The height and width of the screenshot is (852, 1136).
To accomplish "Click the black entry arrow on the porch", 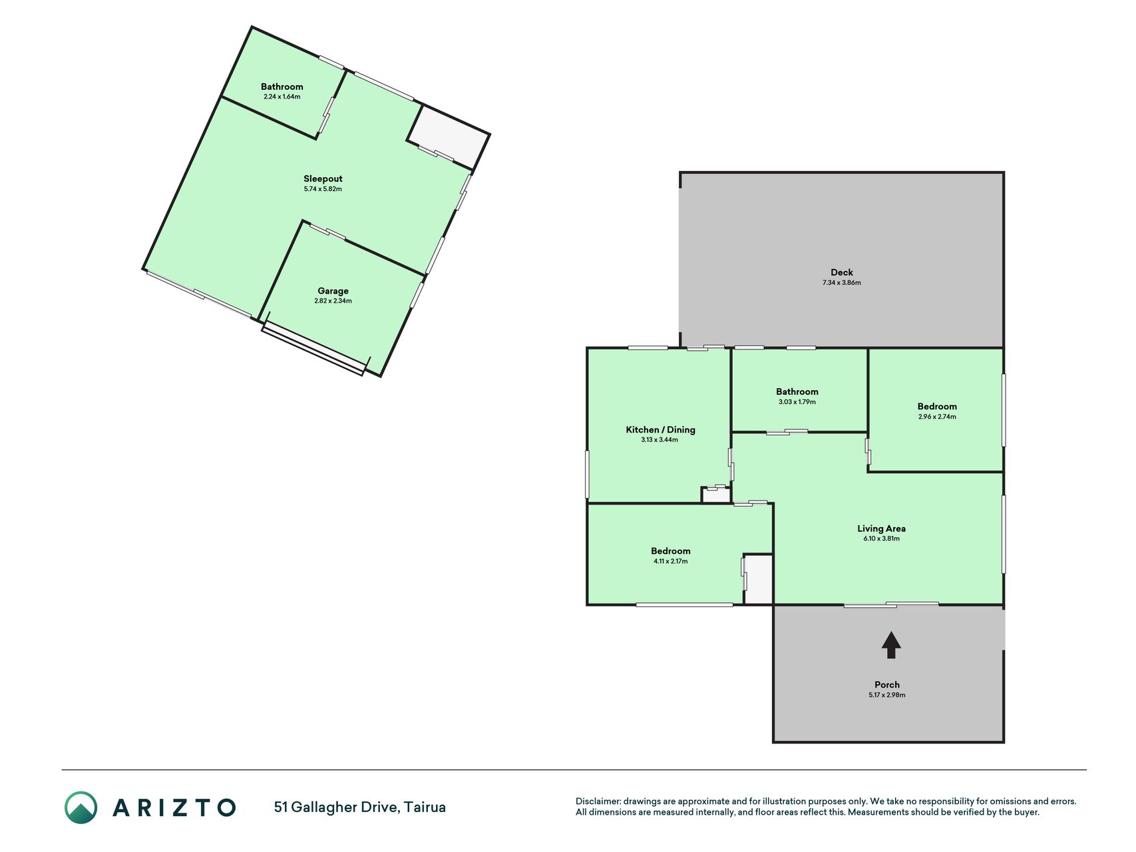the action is (891, 645).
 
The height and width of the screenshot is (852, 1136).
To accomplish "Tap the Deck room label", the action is (842, 272).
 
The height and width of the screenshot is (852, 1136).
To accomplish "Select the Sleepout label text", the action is (323, 178).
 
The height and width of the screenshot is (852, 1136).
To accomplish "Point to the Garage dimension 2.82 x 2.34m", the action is (333, 301).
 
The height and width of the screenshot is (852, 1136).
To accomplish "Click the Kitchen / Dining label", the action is (660, 430).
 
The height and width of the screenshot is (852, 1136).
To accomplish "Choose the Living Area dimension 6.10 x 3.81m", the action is (881, 538).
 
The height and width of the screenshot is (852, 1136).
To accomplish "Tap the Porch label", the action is (887, 685).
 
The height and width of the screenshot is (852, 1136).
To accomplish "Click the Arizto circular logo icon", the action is (81, 807).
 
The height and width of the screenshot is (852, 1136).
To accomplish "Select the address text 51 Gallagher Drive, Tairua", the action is (360, 807).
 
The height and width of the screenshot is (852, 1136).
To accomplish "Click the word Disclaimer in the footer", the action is (598, 801).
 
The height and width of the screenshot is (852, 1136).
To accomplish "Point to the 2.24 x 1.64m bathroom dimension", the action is (282, 97).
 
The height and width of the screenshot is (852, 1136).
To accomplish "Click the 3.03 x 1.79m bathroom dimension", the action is (797, 402).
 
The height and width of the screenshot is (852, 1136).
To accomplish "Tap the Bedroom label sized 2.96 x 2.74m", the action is (937, 407).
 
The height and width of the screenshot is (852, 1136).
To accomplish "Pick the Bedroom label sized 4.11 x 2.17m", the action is (670, 551).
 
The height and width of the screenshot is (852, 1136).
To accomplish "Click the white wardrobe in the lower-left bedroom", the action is (759, 579).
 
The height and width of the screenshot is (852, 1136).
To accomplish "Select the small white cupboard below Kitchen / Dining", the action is (716, 495).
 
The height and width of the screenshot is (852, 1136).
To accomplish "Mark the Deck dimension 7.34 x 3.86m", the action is (842, 283).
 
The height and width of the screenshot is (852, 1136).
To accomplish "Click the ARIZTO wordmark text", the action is (174, 807).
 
